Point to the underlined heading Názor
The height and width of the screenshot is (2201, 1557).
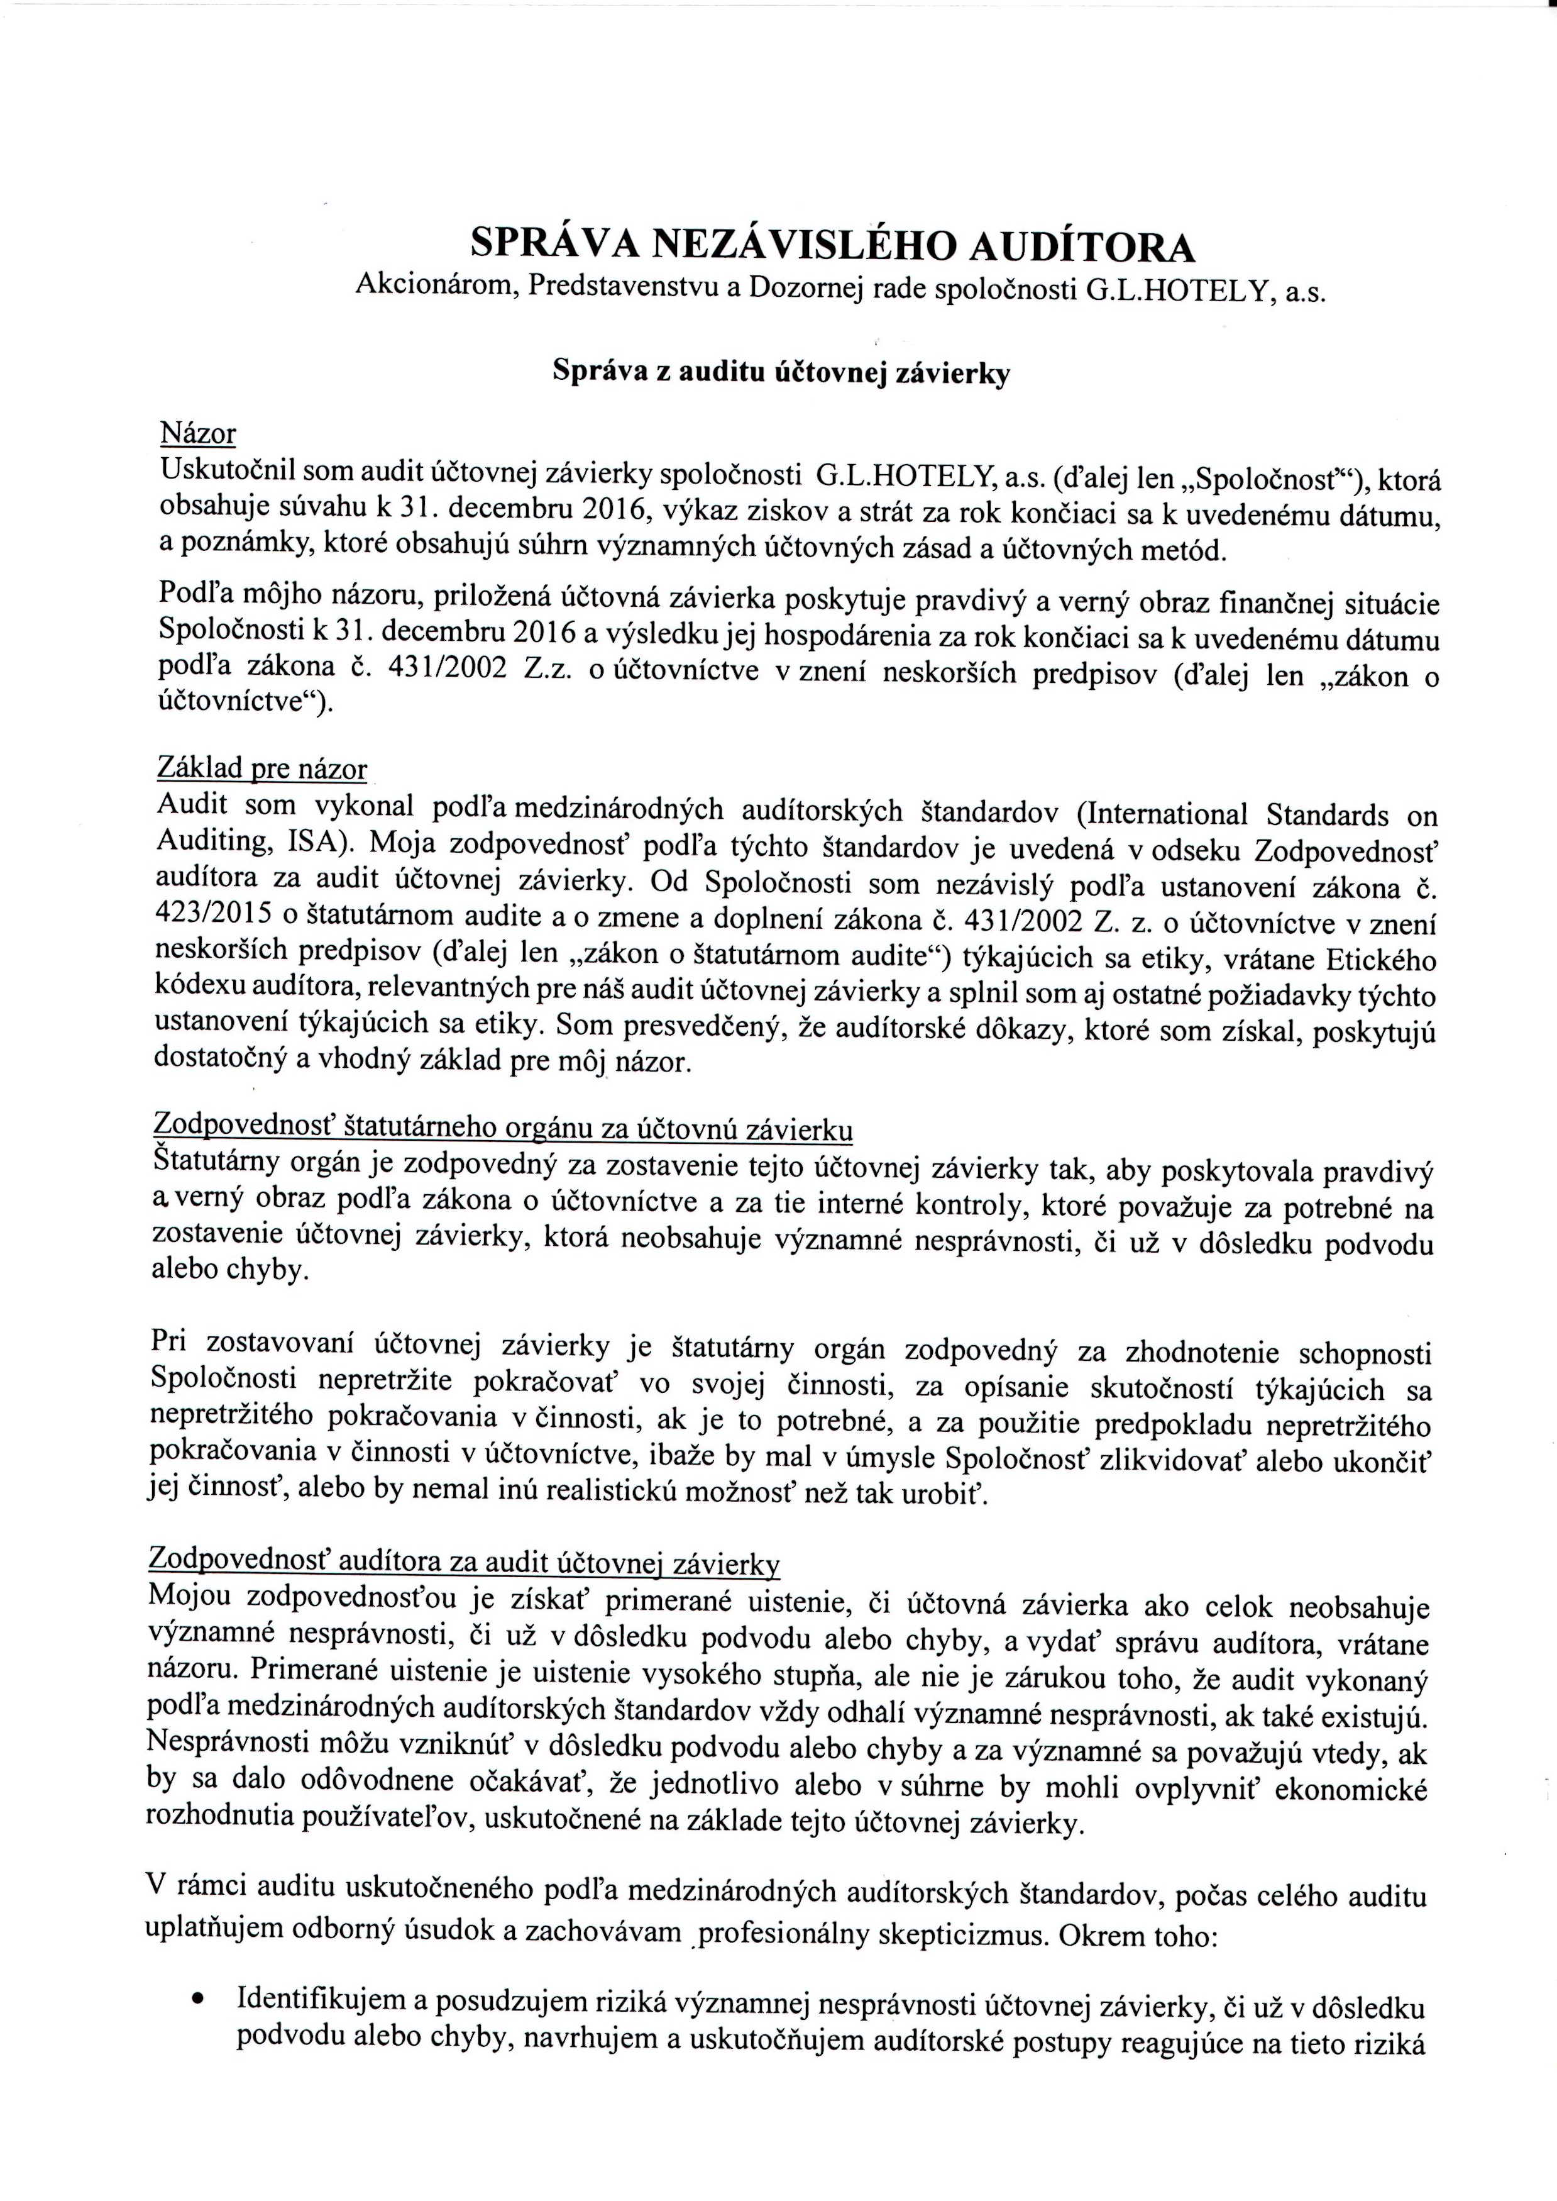[197, 433]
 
